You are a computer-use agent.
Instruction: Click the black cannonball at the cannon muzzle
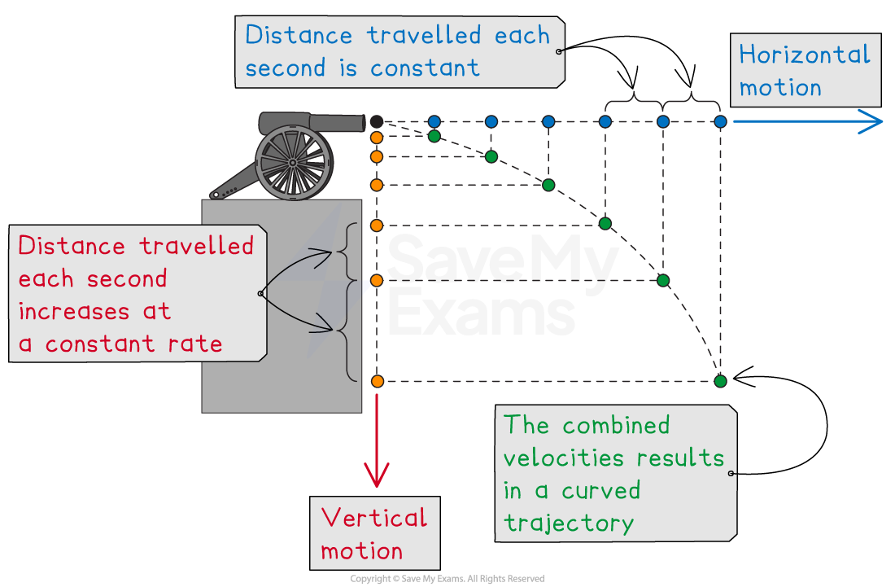click(376, 121)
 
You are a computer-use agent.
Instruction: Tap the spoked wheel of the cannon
click(293, 163)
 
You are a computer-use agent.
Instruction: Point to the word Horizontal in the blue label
click(804, 55)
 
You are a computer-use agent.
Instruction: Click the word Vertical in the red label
click(373, 518)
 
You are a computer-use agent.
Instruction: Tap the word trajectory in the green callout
click(568, 522)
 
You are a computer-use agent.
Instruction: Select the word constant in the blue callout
click(425, 68)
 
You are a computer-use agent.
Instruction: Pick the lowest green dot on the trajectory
click(720, 381)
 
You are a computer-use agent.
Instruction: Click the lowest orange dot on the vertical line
click(377, 381)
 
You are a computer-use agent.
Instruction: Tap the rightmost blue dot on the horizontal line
click(720, 121)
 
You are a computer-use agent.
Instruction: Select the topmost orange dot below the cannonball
click(377, 138)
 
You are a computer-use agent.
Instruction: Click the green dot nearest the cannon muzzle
click(434, 136)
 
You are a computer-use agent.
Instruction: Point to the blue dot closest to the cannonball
click(434, 121)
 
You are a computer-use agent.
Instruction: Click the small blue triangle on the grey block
click(366, 287)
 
